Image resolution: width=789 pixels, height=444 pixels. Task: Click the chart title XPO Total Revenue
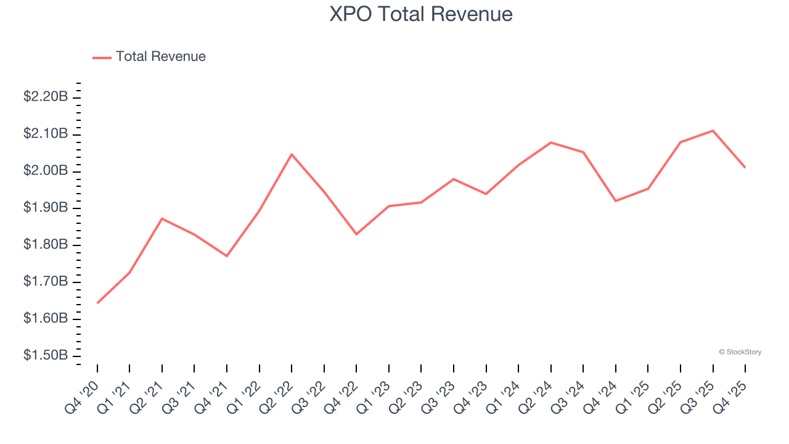421,14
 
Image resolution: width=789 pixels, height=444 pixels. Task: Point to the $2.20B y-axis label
46,97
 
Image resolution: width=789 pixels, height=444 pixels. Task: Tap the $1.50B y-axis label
46,356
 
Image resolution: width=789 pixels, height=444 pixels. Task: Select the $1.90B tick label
46,208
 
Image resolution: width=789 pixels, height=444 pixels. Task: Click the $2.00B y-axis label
46,171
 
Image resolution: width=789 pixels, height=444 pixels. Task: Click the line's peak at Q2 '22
292,154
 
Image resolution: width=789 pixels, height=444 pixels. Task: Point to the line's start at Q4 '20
97,303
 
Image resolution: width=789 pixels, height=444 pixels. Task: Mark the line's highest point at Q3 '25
713,131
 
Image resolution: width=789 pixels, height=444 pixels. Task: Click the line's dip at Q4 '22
356,234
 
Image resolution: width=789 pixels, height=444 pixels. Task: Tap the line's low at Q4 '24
616,201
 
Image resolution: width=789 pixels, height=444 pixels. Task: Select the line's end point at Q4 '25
745,167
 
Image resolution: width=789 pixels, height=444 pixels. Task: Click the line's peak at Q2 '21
162,218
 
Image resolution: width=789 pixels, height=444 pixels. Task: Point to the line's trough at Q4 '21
227,256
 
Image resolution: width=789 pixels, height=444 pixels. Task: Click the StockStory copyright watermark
740,352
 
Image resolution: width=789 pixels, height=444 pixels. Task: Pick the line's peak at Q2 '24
550,142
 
